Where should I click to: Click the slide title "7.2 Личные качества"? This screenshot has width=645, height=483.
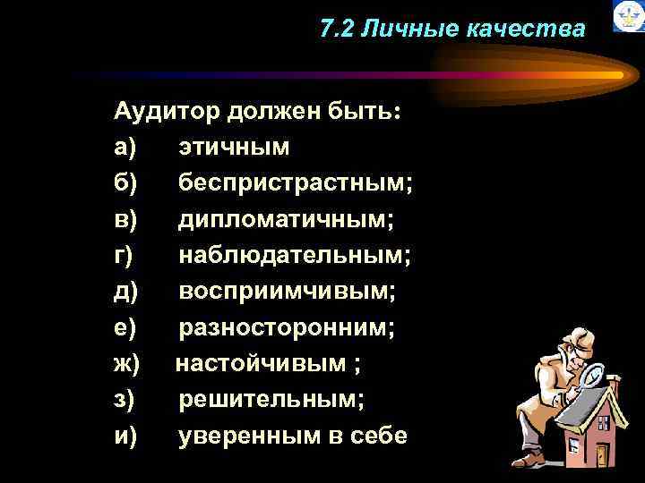[451, 30]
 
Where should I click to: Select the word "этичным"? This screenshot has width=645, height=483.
[234, 146]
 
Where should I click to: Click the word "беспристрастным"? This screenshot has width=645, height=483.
[293, 183]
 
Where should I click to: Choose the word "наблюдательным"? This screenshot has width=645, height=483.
[292, 256]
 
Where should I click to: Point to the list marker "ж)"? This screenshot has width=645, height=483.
[127, 364]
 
